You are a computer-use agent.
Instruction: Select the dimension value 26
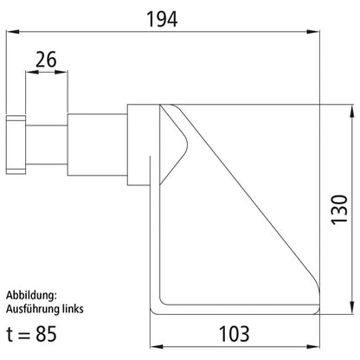pyautogui.click(x=47, y=60)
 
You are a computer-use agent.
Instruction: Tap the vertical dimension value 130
pyautogui.click(x=339, y=210)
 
